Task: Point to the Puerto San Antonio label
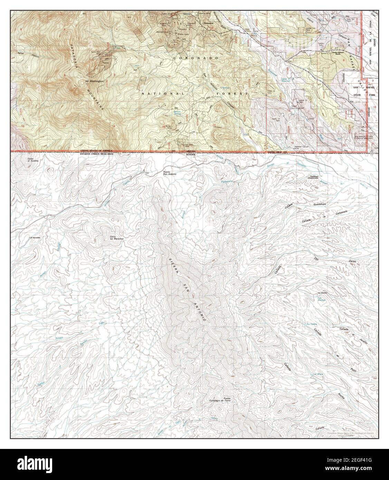(170, 174)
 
